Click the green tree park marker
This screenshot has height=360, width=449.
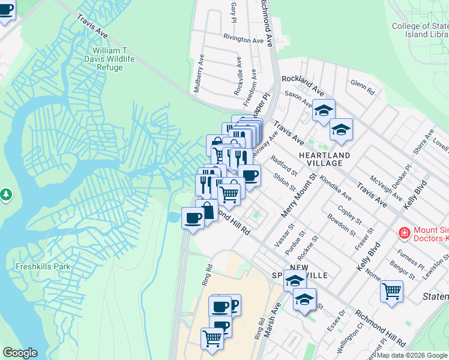click(x=6, y=195)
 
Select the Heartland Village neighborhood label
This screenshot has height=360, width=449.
click(x=324, y=160)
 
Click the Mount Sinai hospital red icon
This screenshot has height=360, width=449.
click(x=405, y=232)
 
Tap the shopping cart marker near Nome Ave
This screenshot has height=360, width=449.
click(x=391, y=291)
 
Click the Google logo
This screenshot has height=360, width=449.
click(x=20, y=353)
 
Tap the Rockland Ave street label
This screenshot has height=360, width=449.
click(x=303, y=84)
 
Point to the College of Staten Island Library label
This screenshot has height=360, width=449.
click(x=420, y=30)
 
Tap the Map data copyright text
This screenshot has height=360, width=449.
click(x=411, y=355)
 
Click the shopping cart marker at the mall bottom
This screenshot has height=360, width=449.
click(x=212, y=338)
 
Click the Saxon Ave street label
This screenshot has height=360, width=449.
click(x=298, y=99)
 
